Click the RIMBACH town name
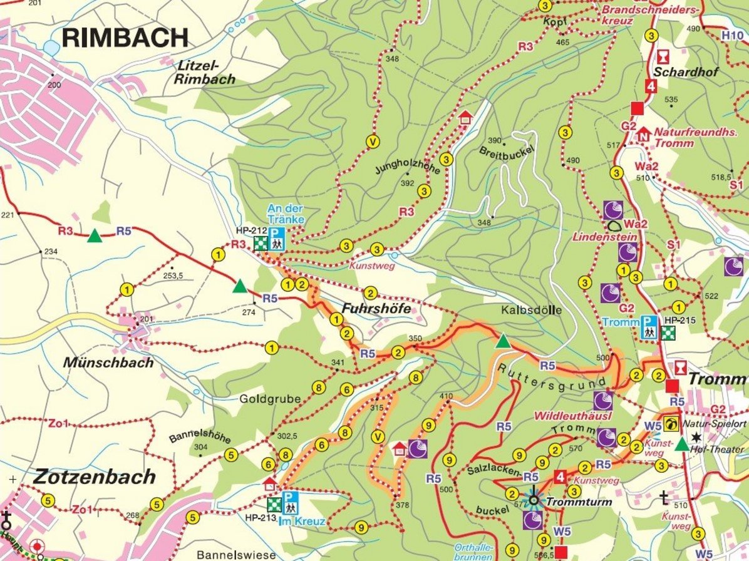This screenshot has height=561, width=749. point(125,38)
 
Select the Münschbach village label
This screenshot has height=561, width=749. point(108,363)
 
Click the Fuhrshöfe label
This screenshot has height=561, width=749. point(376,309)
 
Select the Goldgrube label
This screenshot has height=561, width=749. point(270,399)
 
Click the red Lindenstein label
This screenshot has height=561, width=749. point(605,237)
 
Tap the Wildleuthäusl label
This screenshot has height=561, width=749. point(564,416)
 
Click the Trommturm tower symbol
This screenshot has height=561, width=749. point(534,500)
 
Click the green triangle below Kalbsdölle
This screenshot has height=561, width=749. point(503,341)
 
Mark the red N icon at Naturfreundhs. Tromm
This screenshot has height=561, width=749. point(643,133)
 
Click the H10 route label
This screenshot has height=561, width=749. point(732,36)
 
